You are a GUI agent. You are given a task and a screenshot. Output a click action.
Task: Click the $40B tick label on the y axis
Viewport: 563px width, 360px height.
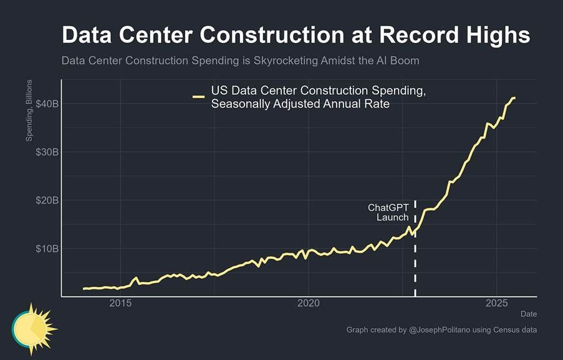tap(47, 104)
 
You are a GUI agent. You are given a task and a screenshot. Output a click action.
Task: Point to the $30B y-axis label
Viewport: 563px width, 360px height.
tap(47, 152)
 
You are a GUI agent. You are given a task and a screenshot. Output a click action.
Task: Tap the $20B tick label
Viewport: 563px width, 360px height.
tap(47, 200)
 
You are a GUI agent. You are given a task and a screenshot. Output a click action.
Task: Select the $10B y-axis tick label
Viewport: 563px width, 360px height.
tap(47, 249)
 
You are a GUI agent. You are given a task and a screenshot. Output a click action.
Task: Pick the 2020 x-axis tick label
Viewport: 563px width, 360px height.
tap(308, 303)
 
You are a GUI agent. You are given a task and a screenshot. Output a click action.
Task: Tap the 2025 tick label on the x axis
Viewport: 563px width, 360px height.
tap(496, 303)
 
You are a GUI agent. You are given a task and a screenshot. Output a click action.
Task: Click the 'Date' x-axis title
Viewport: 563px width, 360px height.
tap(528, 314)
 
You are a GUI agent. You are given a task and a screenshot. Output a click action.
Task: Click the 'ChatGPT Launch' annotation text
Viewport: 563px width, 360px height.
tap(388, 212)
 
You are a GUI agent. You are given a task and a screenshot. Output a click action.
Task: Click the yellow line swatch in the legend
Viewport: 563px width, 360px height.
tap(198, 97)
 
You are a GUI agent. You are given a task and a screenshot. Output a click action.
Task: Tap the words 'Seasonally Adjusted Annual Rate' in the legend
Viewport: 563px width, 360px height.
tap(300, 104)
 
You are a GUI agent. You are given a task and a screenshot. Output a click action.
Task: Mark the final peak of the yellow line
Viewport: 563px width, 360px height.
tap(513, 97)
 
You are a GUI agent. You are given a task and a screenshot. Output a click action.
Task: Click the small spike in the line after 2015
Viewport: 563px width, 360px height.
tap(136, 278)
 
